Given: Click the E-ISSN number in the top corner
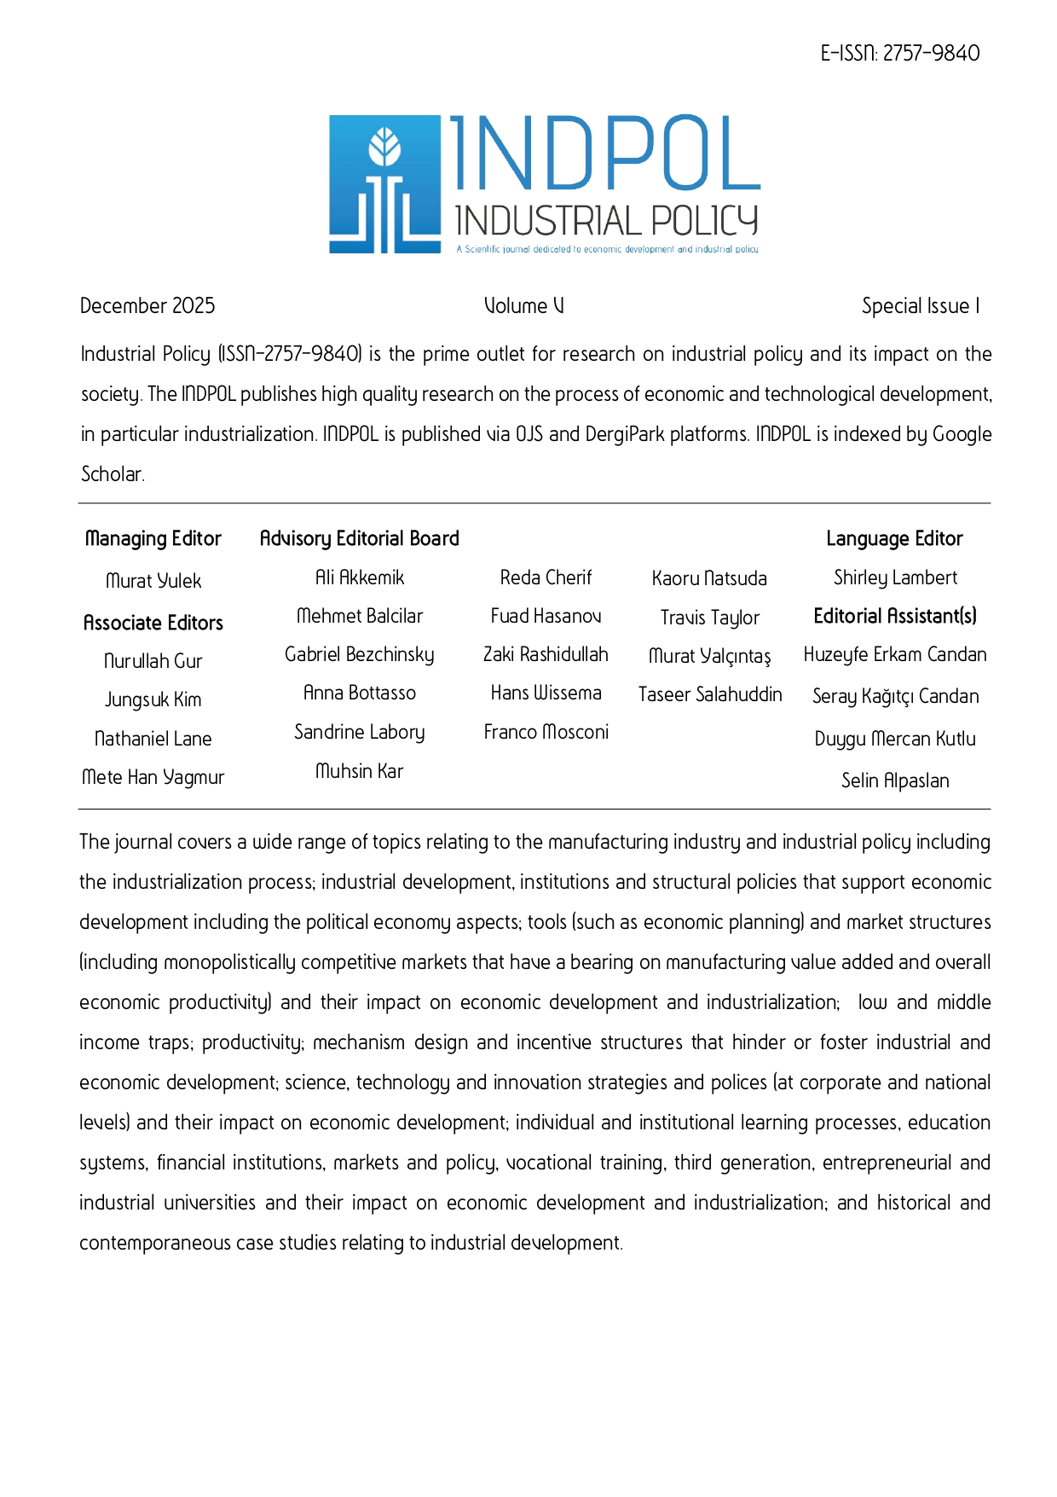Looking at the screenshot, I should (899, 54).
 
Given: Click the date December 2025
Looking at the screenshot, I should (147, 306).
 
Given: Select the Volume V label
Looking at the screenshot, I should (523, 306).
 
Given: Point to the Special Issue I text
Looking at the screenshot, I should (920, 306).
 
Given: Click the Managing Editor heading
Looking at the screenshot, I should (153, 539).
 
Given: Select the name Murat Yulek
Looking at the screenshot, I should (153, 581).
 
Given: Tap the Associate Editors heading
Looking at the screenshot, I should (153, 624).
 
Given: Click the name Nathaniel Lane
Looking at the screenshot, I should (153, 739).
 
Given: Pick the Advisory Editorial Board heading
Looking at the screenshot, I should (359, 539).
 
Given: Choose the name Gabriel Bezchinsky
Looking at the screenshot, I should (359, 655).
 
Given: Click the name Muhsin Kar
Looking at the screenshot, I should (359, 771).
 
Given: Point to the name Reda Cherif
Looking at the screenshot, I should (546, 578).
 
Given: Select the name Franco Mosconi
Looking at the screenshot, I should (546, 732).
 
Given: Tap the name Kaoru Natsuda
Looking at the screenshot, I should (709, 579).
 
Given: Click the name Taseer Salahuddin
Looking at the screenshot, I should (710, 694).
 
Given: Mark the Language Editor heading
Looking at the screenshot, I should (894, 539).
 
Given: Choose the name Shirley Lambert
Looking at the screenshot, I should (895, 578).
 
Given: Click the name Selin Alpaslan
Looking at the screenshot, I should (895, 780).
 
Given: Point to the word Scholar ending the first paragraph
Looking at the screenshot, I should (112, 474).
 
